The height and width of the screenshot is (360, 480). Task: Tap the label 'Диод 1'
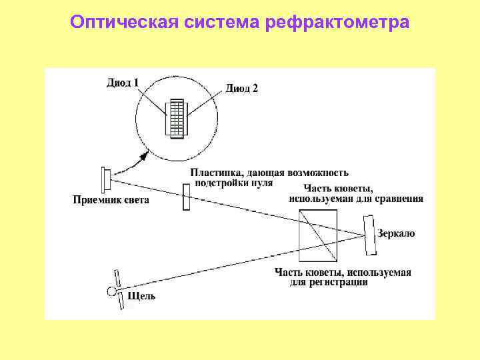tap(123, 83)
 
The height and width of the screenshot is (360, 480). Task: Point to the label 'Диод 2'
tap(241, 88)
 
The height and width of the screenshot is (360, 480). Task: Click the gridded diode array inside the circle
tap(177, 119)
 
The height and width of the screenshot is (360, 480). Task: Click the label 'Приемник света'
tap(111, 199)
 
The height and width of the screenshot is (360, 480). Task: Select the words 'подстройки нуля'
tap(233, 182)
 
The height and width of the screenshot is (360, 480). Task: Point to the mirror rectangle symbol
tap(369, 235)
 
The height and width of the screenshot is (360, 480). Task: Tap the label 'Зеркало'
tap(396, 234)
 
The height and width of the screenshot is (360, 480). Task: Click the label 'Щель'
tap(141, 295)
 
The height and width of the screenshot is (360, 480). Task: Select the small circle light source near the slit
tap(111, 291)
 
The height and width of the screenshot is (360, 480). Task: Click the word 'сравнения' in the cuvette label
tap(399, 198)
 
